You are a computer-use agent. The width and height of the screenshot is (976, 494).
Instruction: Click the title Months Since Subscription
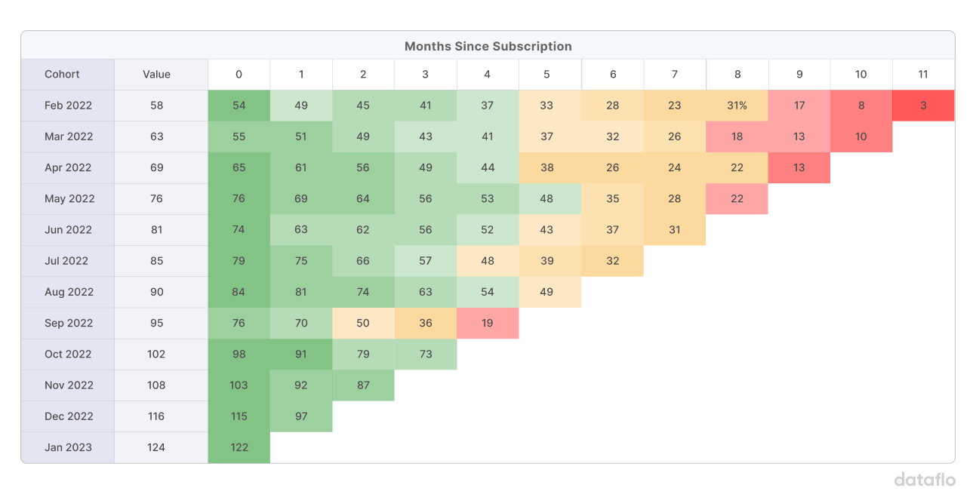click(x=488, y=46)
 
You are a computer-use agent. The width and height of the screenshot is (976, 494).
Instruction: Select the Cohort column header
click(x=62, y=74)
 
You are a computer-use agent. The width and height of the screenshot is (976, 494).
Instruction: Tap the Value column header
click(x=156, y=74)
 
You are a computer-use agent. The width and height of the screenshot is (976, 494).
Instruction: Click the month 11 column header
click(x=922, y=74)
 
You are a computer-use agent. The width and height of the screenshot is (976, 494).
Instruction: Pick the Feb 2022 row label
click(x=68, y=106)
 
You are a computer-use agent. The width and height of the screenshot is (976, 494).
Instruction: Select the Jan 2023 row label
click(x=68, y=447)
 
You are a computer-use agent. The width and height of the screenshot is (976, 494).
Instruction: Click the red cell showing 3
click(x=923, y=106)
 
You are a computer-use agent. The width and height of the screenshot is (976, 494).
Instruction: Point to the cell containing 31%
click(x=737, y=106)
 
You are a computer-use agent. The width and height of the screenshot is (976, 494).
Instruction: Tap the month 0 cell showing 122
click(x=239, y=447)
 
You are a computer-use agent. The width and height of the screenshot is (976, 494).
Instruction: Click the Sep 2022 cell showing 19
click(x=488, y=323)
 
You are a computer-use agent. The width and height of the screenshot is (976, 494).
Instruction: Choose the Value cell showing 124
click(x=156, y=447)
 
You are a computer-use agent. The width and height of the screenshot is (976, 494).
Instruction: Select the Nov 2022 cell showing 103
click(x=239, y=385)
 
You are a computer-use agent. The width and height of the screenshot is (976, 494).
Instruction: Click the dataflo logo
click(x=925, y=479)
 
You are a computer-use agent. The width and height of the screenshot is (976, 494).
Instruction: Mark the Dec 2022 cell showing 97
click(x=301, y=416)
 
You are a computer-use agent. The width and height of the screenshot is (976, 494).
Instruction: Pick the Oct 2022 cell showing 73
click(x=426, y=354)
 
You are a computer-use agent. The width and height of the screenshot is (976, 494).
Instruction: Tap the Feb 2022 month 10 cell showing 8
click(x=861, y=106)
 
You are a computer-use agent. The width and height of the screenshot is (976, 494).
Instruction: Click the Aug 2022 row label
click(x=69, y=292)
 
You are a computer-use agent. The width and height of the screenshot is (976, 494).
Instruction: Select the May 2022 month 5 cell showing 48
click(x=550, y=199)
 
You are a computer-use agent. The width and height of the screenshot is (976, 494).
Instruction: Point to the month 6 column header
click(x=613, y=74)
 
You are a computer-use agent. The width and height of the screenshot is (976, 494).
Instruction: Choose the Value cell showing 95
click(x=156, y=323)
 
